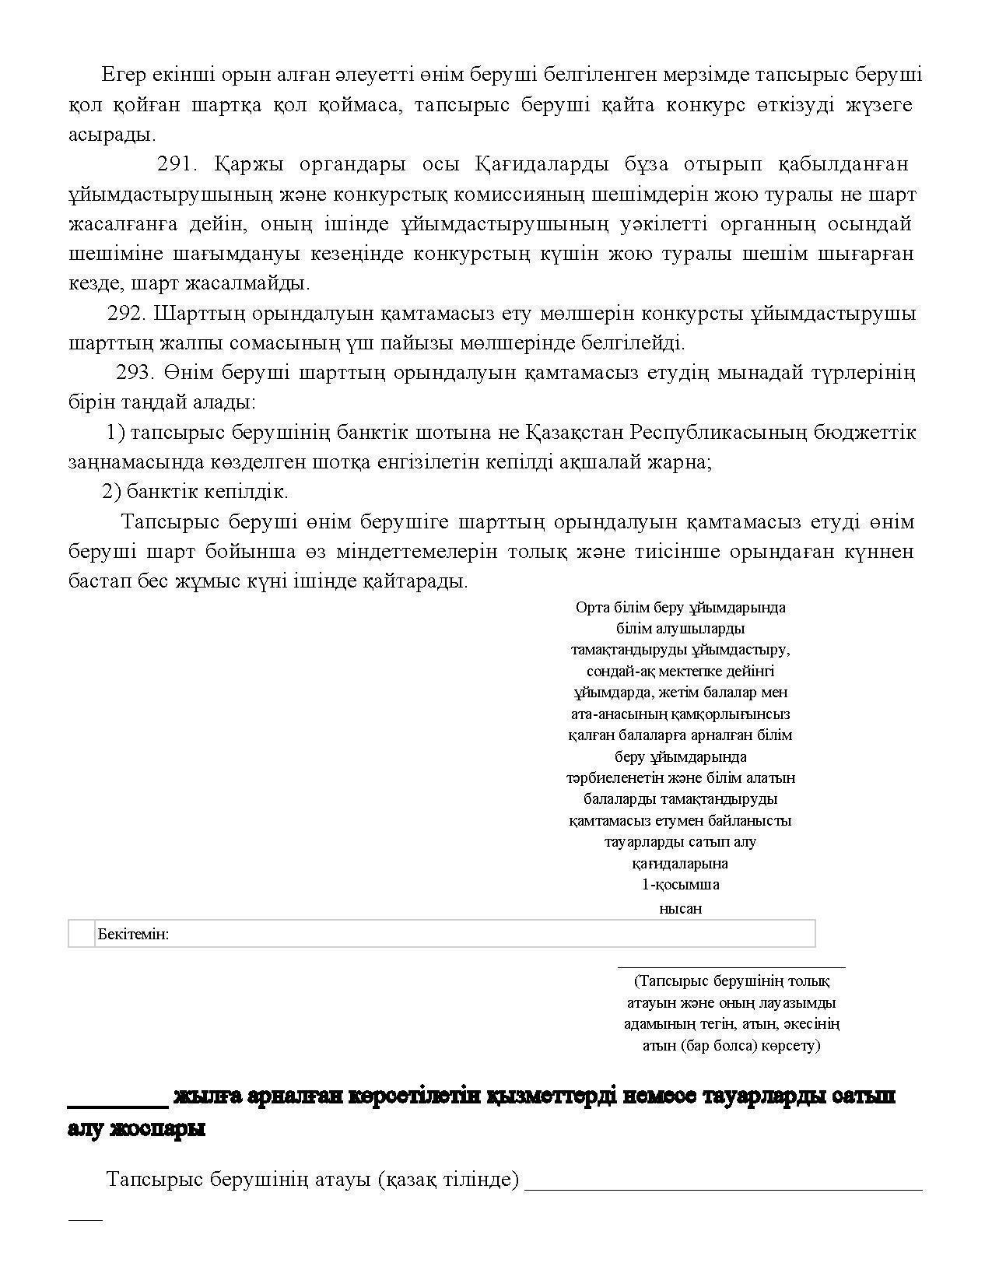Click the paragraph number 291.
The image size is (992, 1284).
[x=178, y=164]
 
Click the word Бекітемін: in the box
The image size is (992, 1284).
[x=133, y=934]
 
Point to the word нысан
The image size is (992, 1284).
[x=680, y=908]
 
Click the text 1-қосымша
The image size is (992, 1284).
[x=680, y=884]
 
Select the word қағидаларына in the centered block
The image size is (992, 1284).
[x=680, y=863]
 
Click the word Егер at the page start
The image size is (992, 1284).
[x=123, y=75]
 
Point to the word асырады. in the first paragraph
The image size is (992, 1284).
[x=112, y=135]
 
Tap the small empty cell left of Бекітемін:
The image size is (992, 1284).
[x=81, y=934]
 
